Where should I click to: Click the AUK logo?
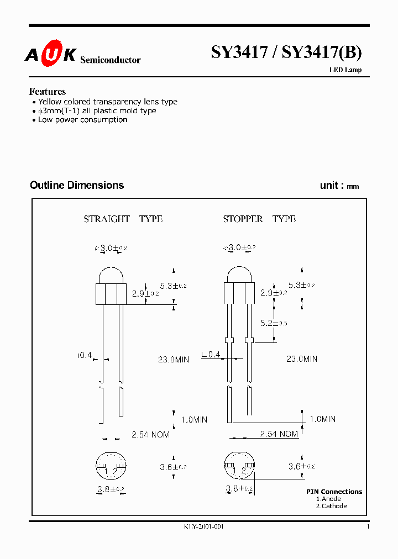(x=50, y=55)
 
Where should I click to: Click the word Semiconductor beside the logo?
(x=111, y=60)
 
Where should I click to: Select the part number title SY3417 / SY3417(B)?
(x=286, y=52)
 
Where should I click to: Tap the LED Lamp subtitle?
(x=345, y=70)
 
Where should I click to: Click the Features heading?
(x=48, y=92)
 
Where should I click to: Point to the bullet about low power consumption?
(x=82, y=120)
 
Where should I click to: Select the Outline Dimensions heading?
(x=77, y=186)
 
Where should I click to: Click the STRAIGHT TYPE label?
(x=123, y=219)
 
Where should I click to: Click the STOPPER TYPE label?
(x=259, y=219)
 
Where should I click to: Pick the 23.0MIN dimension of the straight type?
(x=174, y=360)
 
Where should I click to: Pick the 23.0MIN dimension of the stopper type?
(x=301, y=359)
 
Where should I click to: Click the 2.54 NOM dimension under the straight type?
(x=150, y=435)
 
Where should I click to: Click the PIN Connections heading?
(x=334, y=492)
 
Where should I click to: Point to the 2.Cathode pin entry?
(x=331, y=506)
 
